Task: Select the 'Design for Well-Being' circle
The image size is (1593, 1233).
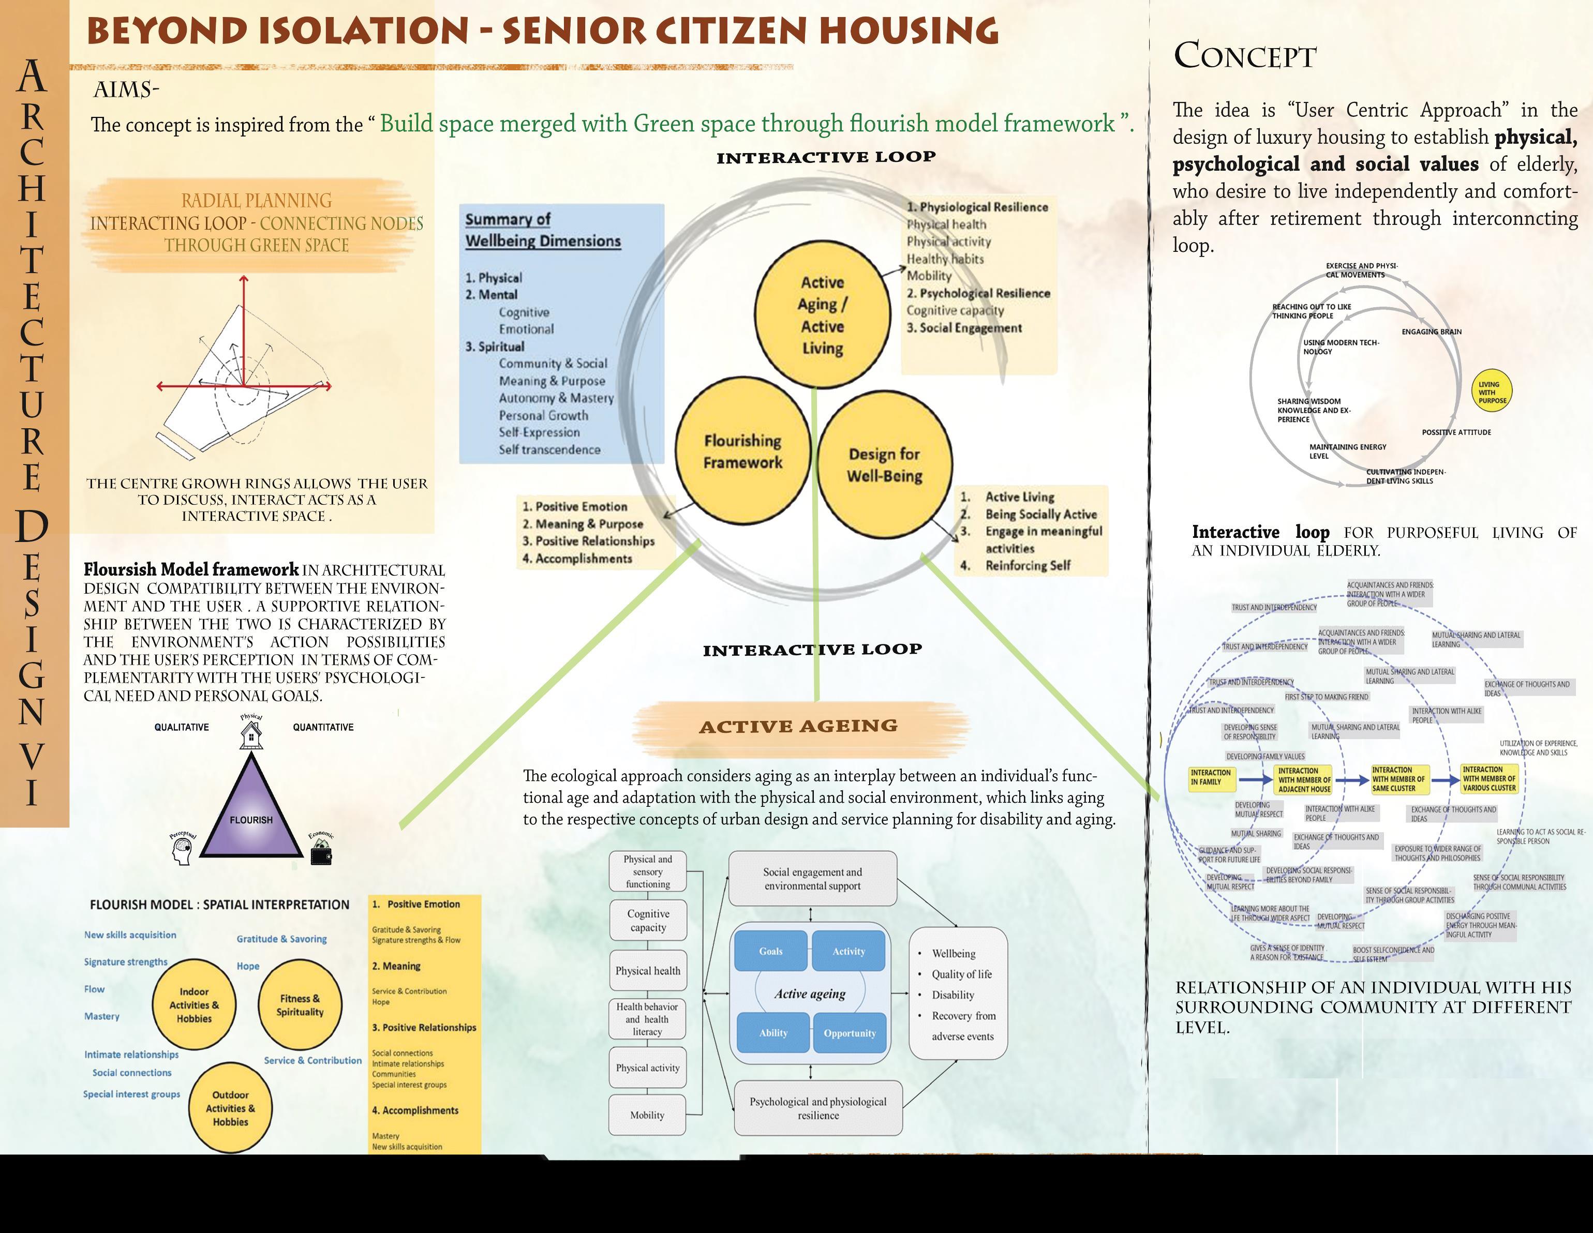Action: (884, 465)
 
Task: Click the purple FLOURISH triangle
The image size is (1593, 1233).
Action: (251, 813)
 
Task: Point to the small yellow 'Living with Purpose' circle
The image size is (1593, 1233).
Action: (1492, 392)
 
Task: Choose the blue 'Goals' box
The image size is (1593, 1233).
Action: (771, 951)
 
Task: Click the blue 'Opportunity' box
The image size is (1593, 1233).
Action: (849, 1032)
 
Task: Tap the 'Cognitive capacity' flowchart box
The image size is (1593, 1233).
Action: (648, 920)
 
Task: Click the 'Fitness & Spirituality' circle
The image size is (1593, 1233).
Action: (300, 1005)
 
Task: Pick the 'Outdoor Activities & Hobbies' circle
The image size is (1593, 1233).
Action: (230, 1108)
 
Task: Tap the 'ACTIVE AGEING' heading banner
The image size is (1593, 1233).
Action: (799, 726)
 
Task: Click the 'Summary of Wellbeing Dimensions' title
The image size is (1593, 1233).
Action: (543, 230)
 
